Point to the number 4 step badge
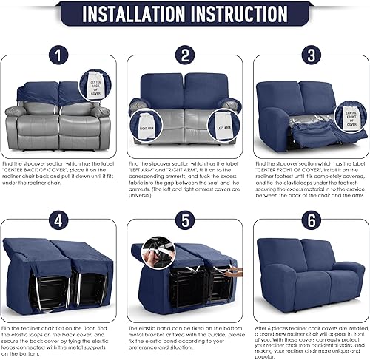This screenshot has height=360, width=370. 61,220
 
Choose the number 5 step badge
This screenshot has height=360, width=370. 185,220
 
